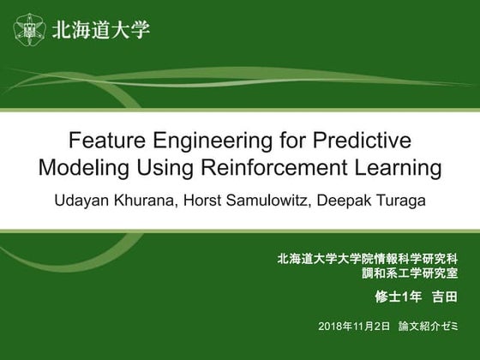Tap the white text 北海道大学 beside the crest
tap(100, 30)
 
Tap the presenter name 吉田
tap(444, 297)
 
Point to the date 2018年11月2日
tap(353, 326)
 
